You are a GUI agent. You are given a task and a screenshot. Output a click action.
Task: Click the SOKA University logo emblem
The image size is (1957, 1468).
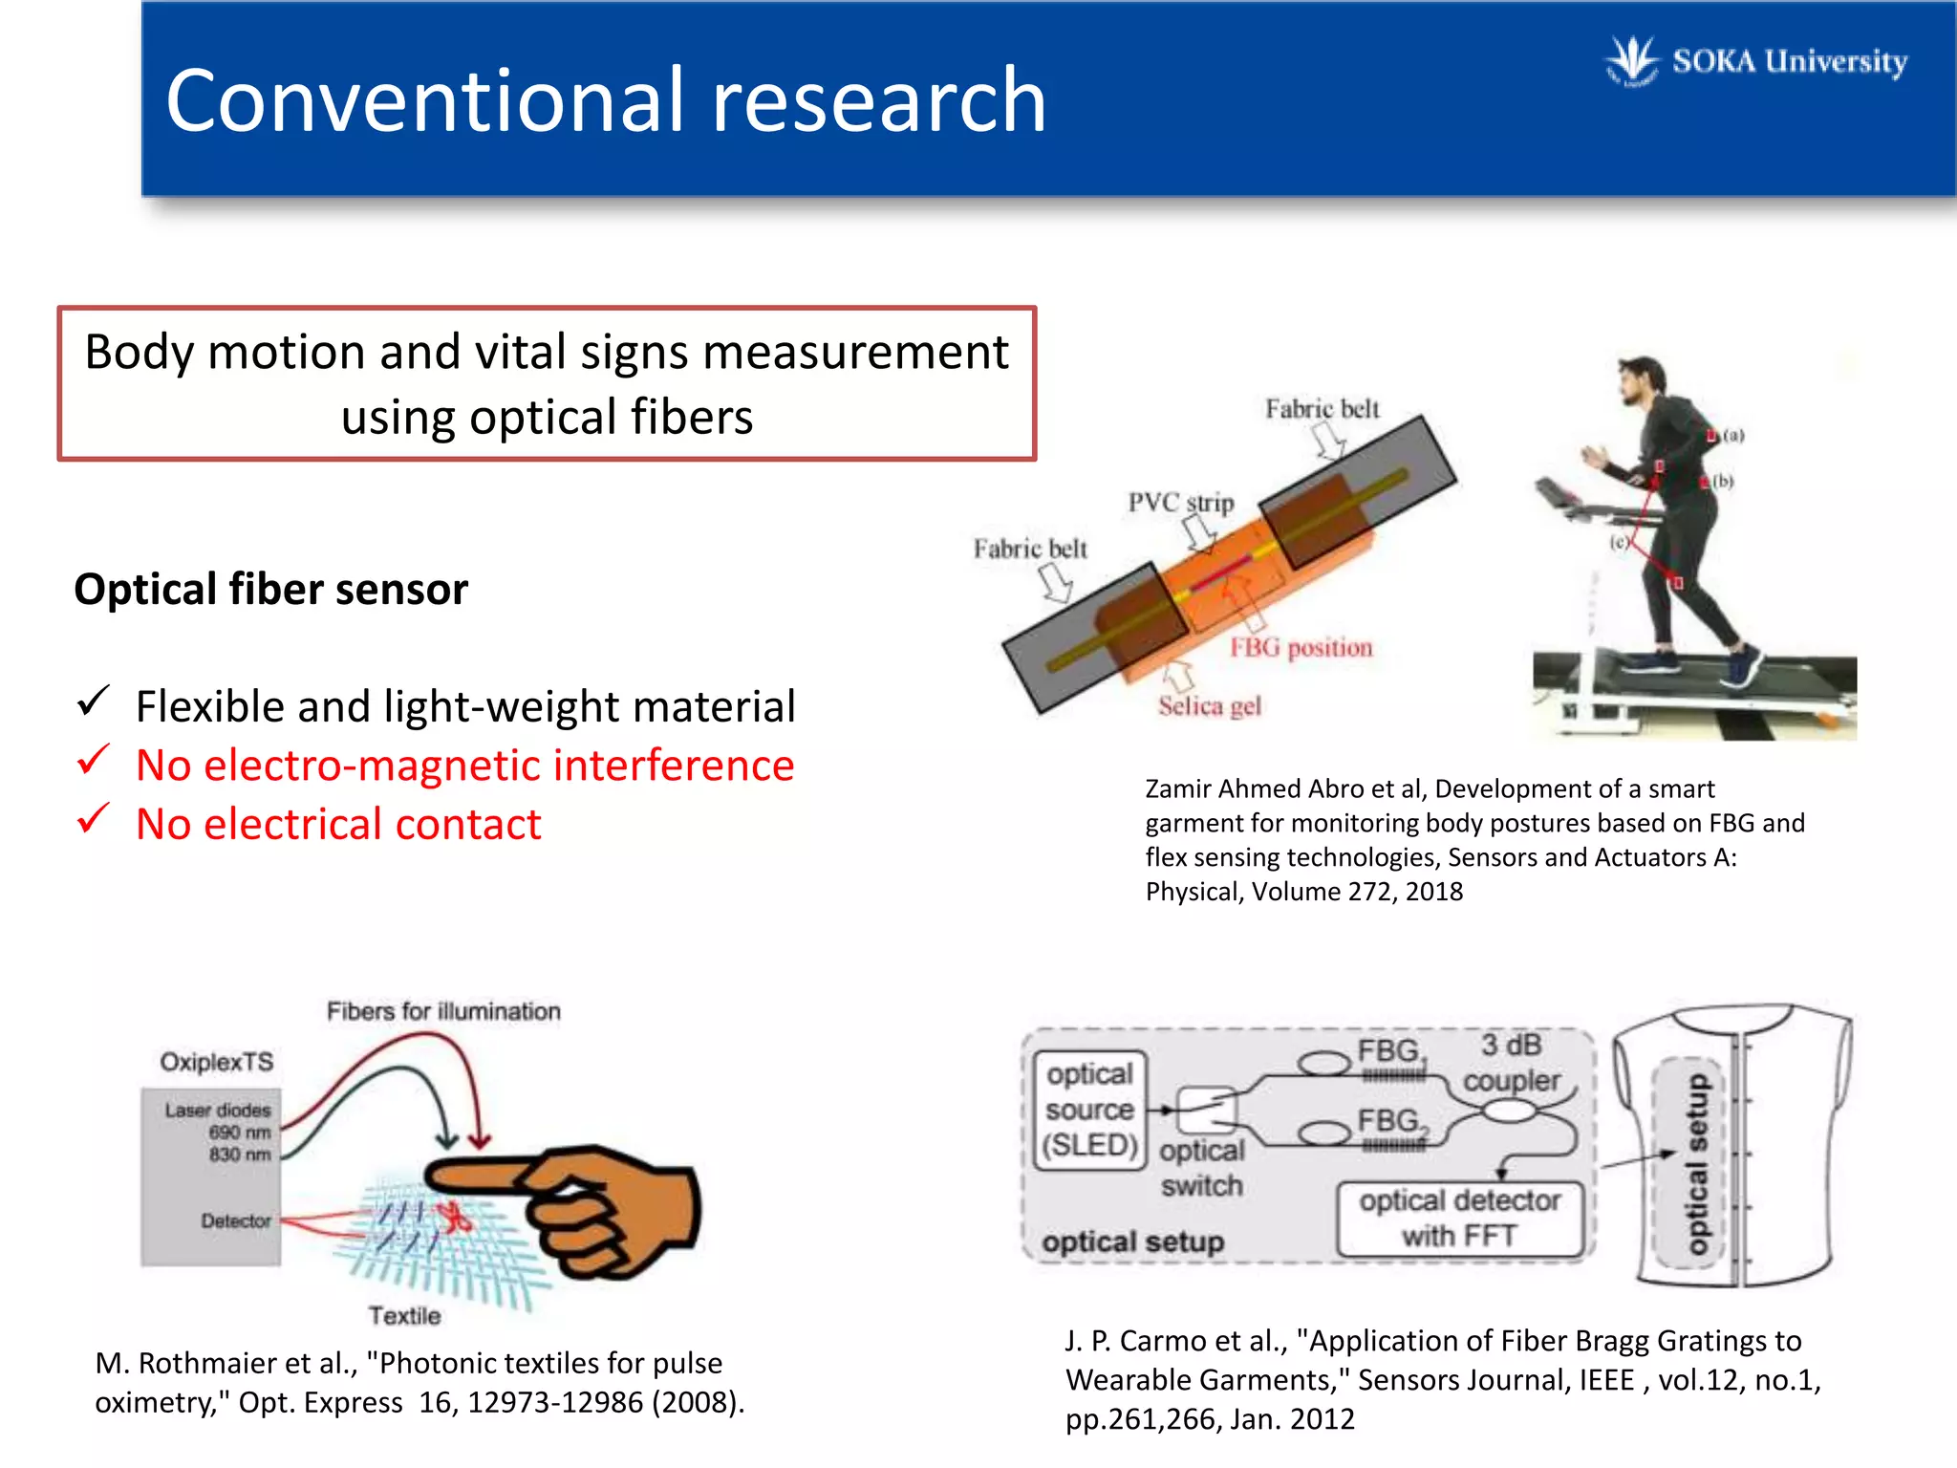1631,61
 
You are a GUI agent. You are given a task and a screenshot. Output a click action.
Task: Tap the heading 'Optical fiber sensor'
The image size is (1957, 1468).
271,589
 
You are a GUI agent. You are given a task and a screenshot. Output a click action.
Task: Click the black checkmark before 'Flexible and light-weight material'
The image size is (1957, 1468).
94,702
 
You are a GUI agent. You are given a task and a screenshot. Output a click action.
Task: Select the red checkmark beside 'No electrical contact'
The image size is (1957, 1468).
94,820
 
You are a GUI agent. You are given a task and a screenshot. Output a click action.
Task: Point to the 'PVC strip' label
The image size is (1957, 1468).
1180,503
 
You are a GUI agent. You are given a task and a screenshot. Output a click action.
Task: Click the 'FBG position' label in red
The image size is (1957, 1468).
1301,648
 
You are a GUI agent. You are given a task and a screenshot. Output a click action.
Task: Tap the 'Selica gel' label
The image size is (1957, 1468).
1209,706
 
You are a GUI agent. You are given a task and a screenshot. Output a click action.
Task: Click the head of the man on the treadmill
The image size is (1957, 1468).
1642,378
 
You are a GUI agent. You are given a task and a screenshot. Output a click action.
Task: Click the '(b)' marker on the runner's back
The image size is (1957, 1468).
1722,481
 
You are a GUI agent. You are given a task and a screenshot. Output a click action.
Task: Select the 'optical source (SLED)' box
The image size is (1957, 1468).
1089,1111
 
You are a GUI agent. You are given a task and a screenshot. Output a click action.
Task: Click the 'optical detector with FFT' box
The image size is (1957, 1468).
1459,1219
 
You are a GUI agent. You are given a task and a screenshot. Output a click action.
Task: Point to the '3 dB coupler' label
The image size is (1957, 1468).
1511,1062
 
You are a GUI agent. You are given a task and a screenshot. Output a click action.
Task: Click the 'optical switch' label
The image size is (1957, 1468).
1201,1168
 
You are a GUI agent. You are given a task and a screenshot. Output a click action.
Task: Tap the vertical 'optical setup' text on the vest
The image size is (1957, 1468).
1697,1163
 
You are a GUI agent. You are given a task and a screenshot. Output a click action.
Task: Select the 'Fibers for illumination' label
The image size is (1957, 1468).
443,1011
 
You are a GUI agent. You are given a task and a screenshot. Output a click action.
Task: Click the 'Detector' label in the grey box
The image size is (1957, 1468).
235,1221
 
